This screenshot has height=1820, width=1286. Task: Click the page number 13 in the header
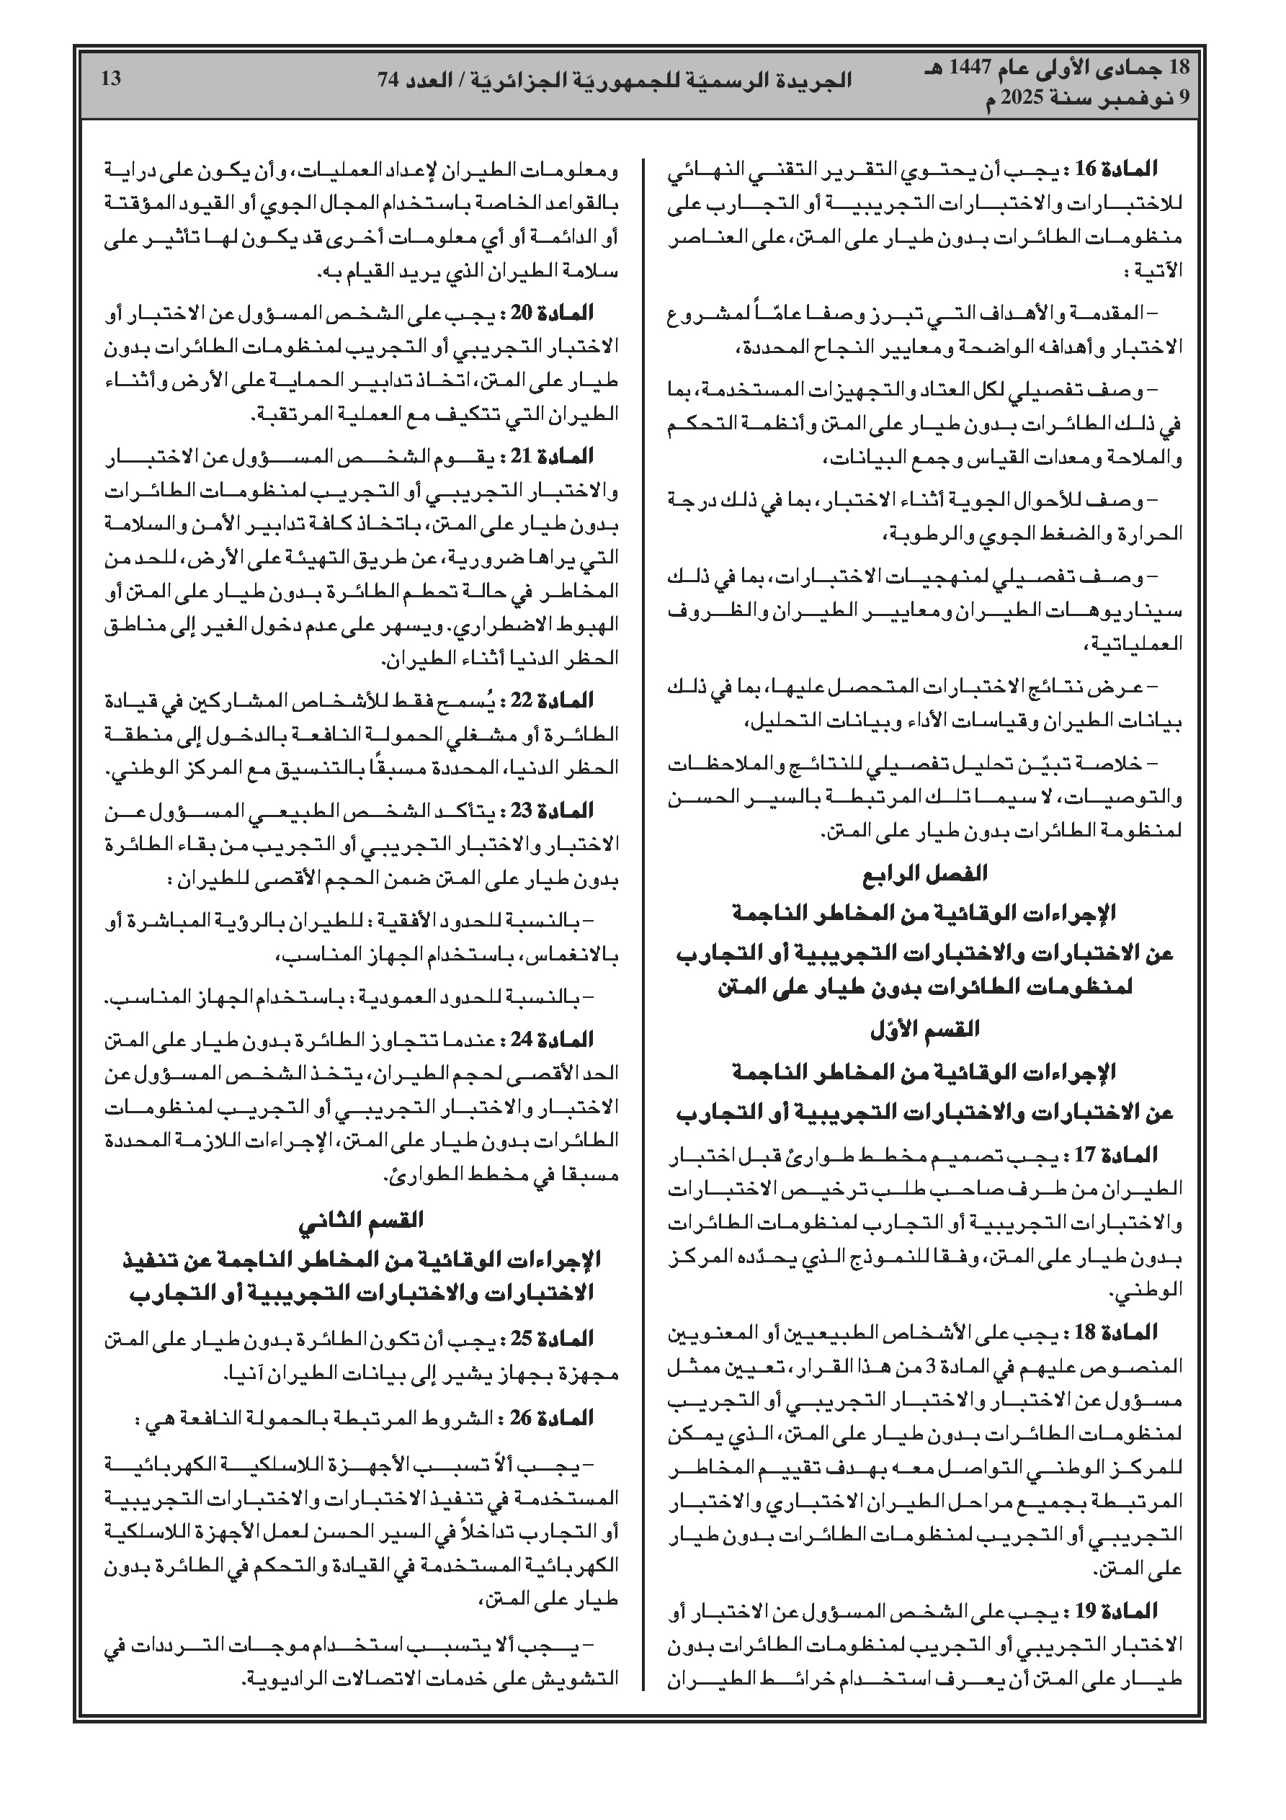click(x=112, y=79)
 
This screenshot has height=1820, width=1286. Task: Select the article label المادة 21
click(x=560, y=457)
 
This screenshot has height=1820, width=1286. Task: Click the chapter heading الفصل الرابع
click(x=924, y=874)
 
